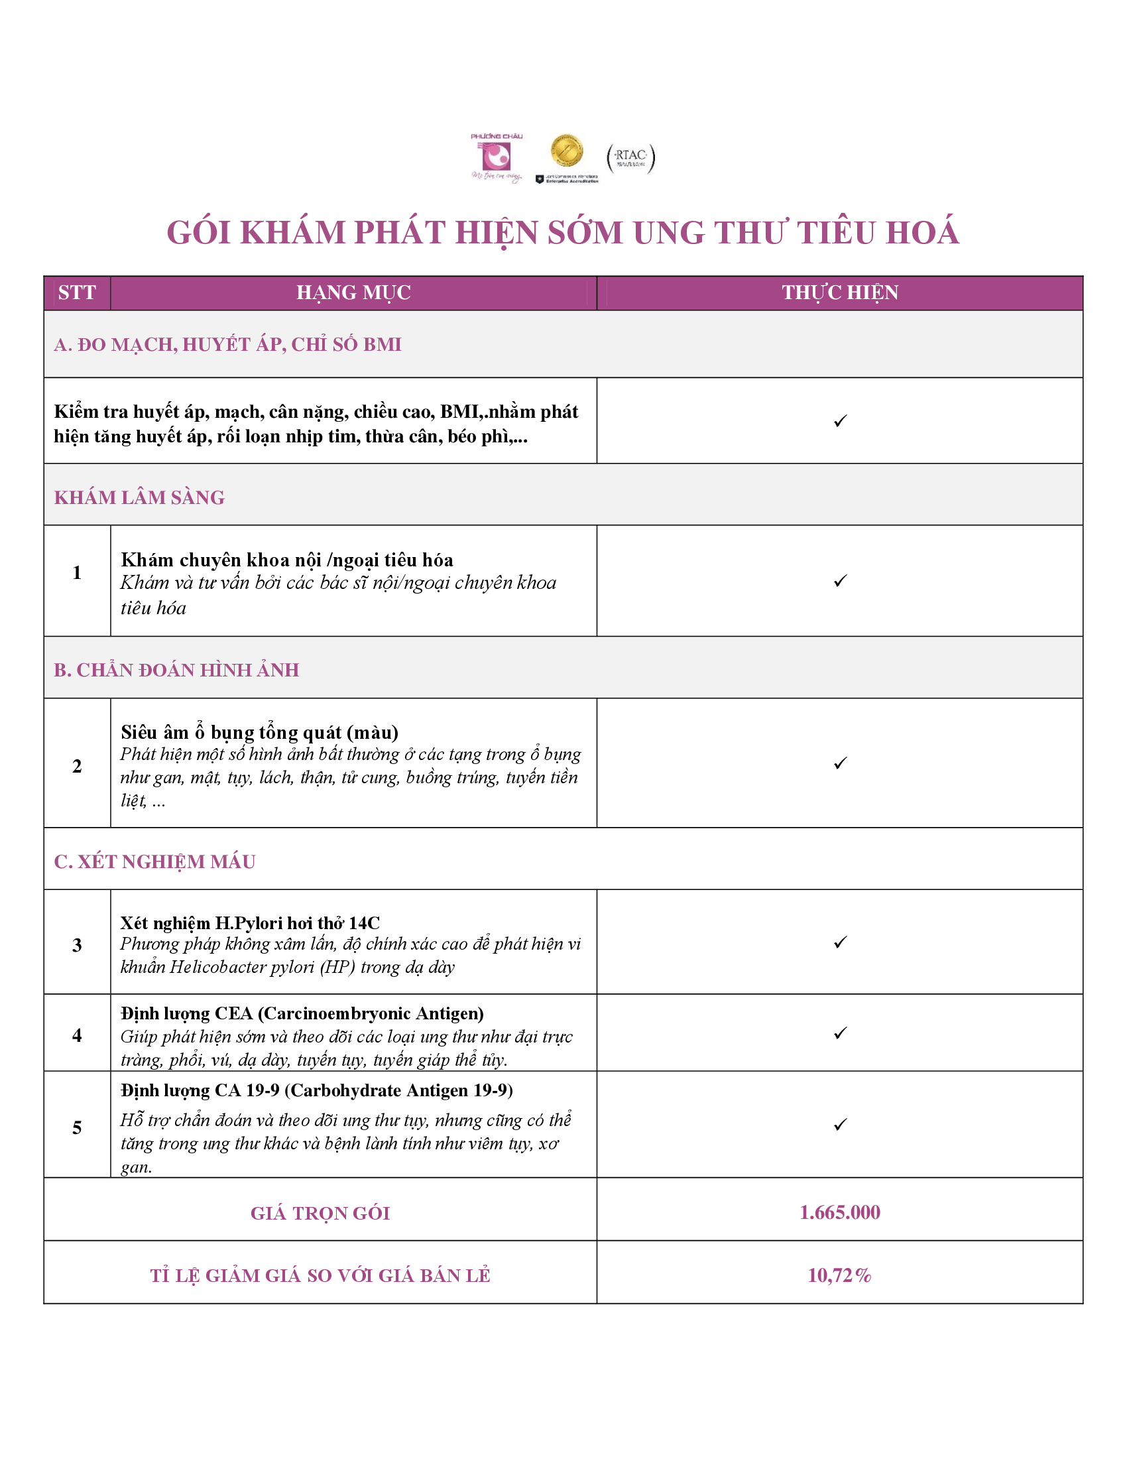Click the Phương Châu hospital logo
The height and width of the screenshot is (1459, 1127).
click(497, 158)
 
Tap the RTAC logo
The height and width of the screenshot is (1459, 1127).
click(630, 158)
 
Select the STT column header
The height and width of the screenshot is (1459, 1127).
click(77, 292)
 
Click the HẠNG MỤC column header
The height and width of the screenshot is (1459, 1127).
click(353, 292)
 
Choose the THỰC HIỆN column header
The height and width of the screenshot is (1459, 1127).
click(839, 292)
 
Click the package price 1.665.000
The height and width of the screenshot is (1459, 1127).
click(839, 1212)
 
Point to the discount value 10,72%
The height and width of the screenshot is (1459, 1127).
click(839, 1275)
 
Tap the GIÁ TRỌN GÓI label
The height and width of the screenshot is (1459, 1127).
click(320, 1212)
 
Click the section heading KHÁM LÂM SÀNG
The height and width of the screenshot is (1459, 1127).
click(139, 497)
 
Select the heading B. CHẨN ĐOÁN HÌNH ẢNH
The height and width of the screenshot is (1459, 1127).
click(176, 669)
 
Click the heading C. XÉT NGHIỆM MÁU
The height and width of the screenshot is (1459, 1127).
click(154, 861)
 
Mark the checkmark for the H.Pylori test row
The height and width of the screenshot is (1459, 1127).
click(840, 942)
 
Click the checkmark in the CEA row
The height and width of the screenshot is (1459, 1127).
click(840, 1033)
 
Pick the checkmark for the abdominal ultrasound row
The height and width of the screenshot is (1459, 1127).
click(840, 763)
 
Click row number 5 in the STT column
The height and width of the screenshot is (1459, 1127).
click(77, 1127)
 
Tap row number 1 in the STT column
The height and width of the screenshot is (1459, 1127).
click(77, 572)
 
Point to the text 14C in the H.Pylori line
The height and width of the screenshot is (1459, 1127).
click(364, 922)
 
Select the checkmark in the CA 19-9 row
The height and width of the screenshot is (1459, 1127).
click(840, 1124)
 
